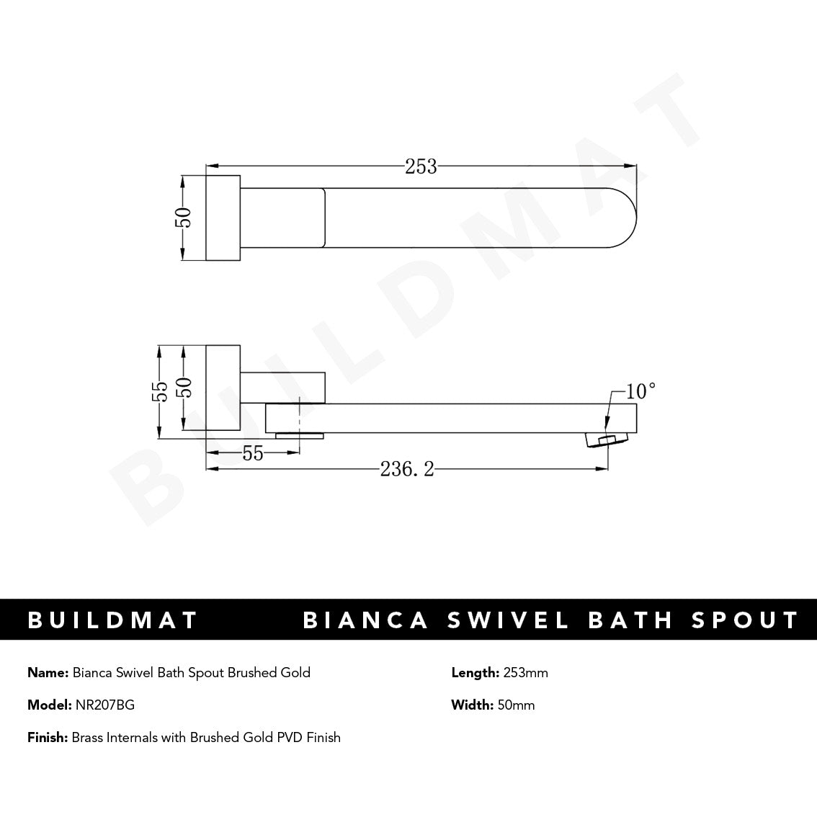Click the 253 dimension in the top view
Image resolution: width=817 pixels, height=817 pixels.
point(421,166)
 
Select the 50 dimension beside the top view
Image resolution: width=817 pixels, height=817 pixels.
point(184,217)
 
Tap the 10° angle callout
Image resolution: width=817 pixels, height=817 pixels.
point(640,391)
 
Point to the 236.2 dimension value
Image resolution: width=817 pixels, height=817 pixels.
point(407,470)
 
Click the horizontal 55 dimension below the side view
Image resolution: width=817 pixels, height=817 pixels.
point(253,454)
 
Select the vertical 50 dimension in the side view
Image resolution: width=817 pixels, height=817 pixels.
point(185,389)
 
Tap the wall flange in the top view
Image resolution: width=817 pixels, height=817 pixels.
point(223,217)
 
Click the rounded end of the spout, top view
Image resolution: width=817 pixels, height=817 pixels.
point(623,217)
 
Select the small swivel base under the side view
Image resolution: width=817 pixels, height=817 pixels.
point(300,435)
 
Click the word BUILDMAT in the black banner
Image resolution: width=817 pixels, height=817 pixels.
point(112,620)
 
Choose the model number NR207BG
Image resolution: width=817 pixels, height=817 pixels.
point(104,705)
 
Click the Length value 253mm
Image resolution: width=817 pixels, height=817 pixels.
point(524,673)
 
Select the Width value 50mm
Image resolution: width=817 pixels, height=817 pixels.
point(516,705)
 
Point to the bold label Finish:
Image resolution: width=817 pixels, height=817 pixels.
point(48,737)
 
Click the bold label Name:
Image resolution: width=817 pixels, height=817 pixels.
point(48,673)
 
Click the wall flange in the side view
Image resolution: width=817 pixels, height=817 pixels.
point(223,388)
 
